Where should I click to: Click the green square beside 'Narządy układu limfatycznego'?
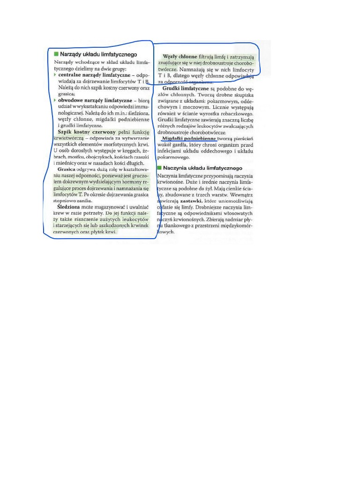coord(56,54)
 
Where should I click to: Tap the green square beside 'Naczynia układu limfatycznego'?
coord(159,168)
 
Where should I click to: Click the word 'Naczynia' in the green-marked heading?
coord(175,168)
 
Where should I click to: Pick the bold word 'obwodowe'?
coord(71,100)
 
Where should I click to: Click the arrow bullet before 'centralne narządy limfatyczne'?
coord(55,75)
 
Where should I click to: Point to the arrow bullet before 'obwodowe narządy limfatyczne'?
coord(55,100)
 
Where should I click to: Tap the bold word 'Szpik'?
coord(66,132)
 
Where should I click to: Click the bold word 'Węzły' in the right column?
coord(170,57)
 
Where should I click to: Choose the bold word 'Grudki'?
coord(172,89)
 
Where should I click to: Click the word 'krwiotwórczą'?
coord(68,139)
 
